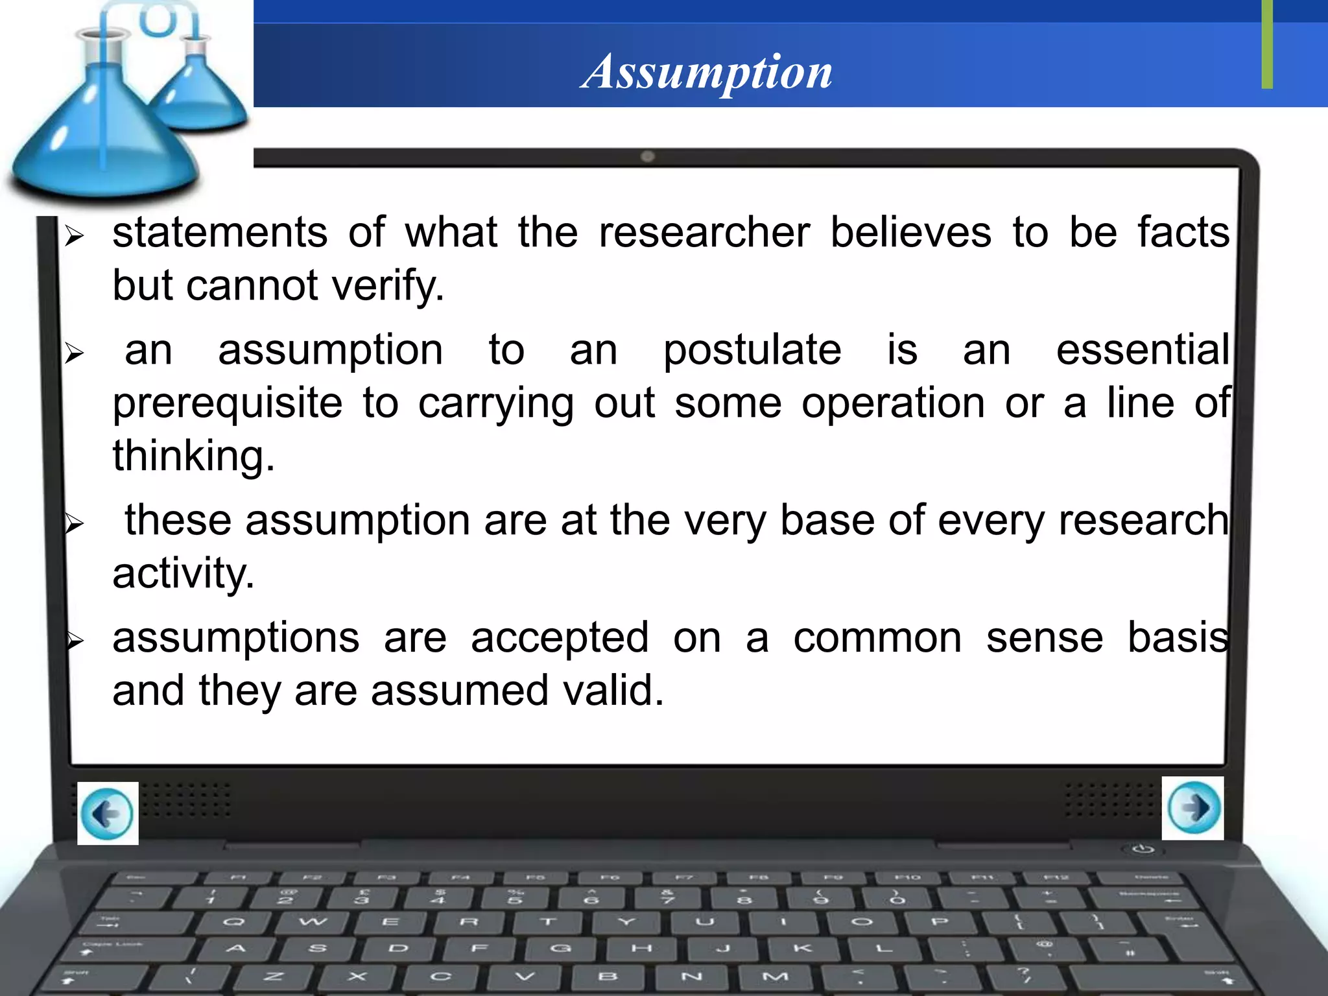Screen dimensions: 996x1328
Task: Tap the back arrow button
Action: click(x=108, y=813)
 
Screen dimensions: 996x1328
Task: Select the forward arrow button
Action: click(x=1193, y=808)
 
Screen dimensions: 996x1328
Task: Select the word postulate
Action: click(x=752, y=350)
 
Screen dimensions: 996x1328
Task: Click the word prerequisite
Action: click(x=227, y=404)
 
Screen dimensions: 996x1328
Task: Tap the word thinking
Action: click(x=193, y=456)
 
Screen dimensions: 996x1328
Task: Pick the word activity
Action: click(x=183, y=574)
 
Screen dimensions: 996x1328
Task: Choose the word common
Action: click(x=877, y=638)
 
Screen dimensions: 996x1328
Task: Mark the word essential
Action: click(x=1143, y=350)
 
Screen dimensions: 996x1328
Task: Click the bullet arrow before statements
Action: click(x=75, y=236)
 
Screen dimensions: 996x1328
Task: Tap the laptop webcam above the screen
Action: click(x=647, y=156)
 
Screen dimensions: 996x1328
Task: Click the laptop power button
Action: click(x=1143, y=849)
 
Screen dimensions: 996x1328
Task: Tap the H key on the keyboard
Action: click(x=641, y=948)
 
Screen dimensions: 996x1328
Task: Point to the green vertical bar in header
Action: click(x=1267, y=44)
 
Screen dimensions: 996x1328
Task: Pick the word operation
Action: click(x=893, y=404)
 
